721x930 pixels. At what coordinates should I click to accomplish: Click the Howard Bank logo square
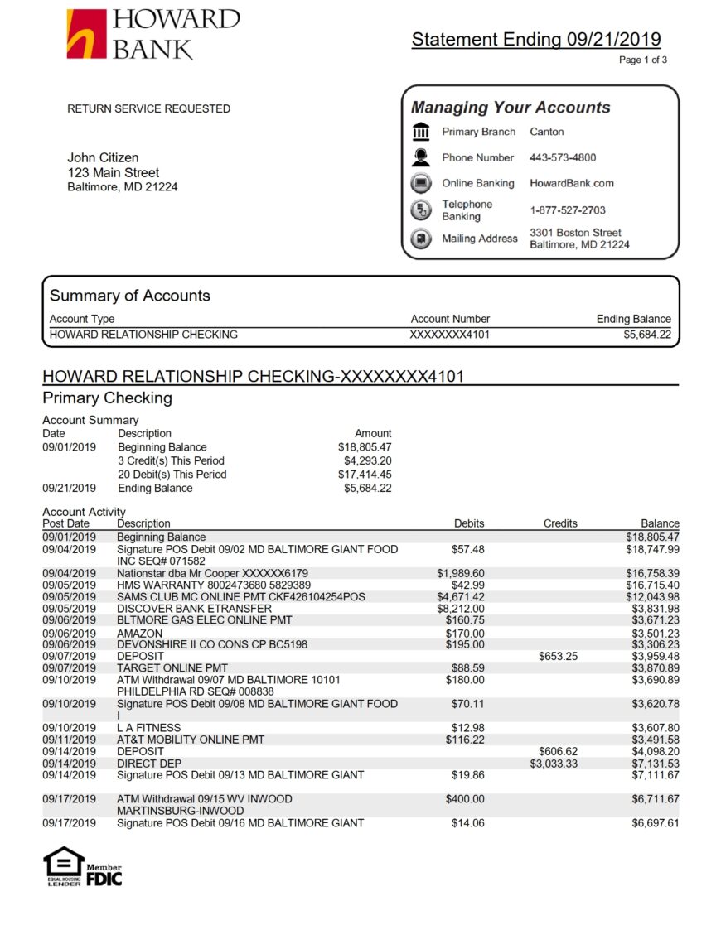pos(86,34)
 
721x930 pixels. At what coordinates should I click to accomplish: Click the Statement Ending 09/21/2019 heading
pos(536,39)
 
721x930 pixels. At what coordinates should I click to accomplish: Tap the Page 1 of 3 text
pos(643,60)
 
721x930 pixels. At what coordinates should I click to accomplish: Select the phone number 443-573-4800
pos(563,157)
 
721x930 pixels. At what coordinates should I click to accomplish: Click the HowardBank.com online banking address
pos(572,183)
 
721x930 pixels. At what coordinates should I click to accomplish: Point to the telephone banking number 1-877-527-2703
pos(568,210)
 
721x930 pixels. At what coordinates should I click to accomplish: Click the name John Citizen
pos(103,157)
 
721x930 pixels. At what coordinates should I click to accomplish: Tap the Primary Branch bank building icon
pos(421,133)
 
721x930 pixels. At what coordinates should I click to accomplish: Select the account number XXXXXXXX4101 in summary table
pos(450,335)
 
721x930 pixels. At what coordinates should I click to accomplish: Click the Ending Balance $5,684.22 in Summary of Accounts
pos(647,335)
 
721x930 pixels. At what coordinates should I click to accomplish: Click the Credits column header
pos(560,523)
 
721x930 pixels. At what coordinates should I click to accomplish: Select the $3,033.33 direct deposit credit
pos(554,764)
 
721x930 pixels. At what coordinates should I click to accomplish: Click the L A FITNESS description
pos(148,728)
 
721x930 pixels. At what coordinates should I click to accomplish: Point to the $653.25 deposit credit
pos(558,656)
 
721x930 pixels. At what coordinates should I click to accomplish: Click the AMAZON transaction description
pos(139,633)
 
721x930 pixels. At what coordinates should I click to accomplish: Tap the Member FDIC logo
pos(104,875)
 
